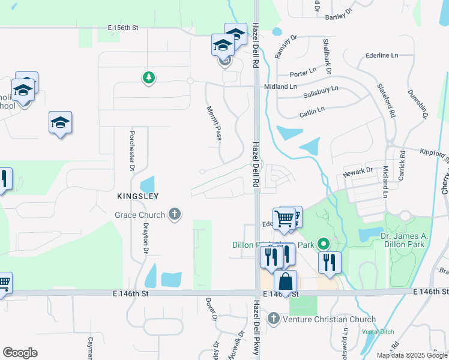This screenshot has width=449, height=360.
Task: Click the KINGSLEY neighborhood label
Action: click(x=138, y=196)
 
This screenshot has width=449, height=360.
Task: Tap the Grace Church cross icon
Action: click(x=175, y=214)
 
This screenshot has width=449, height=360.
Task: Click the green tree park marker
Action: click(x=148, y=77)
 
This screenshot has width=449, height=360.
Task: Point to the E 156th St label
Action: click(x=123, y=28)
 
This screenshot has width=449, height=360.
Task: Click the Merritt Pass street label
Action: click(x=214, y=124)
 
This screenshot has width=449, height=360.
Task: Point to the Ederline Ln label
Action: click(x=382, y=55)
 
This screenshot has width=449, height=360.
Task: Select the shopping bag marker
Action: click(x=286, y=281)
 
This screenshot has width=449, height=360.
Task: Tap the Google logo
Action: click(x=20, y=353)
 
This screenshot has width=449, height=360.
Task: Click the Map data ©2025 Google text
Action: click(x=411, y=355)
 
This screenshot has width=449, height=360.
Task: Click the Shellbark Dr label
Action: click(x=327, y=56)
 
